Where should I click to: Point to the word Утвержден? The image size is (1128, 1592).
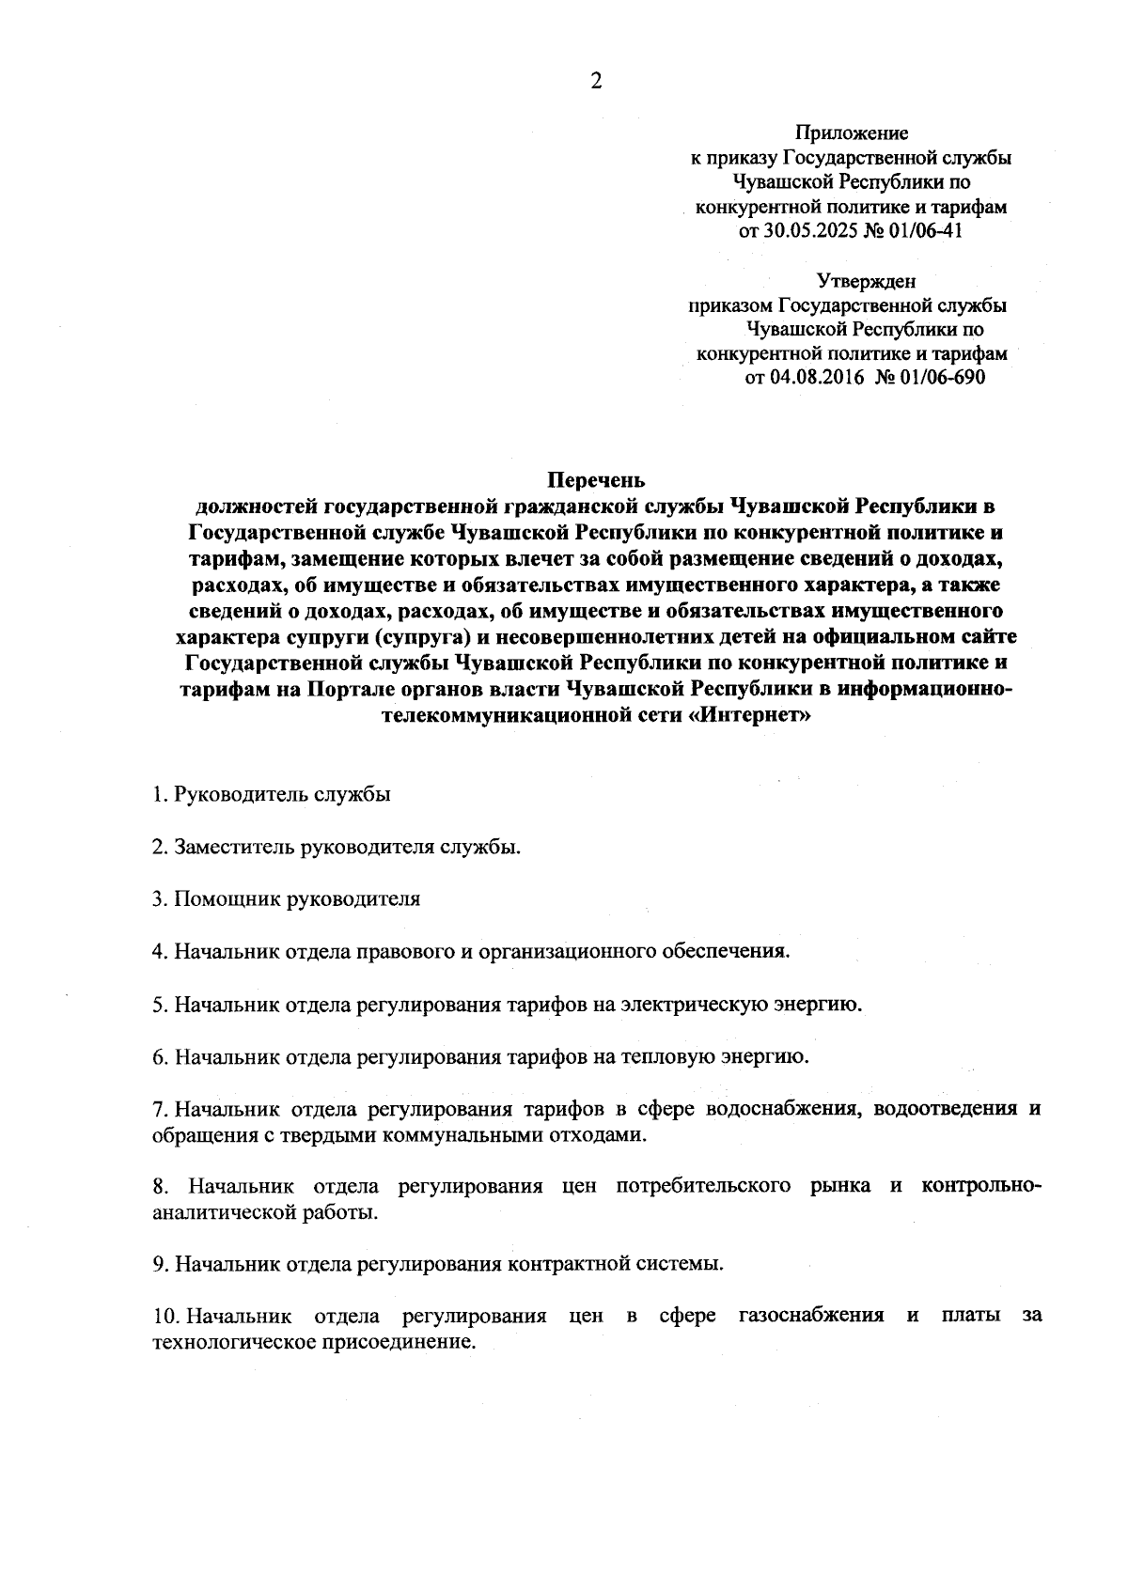[865, 280]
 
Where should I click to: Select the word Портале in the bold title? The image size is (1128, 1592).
[343, 691]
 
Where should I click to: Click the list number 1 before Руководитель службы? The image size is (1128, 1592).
[158, 794]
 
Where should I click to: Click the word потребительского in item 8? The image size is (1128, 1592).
[703, 1186]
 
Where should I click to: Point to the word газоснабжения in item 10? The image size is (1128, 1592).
[811, 1316]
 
